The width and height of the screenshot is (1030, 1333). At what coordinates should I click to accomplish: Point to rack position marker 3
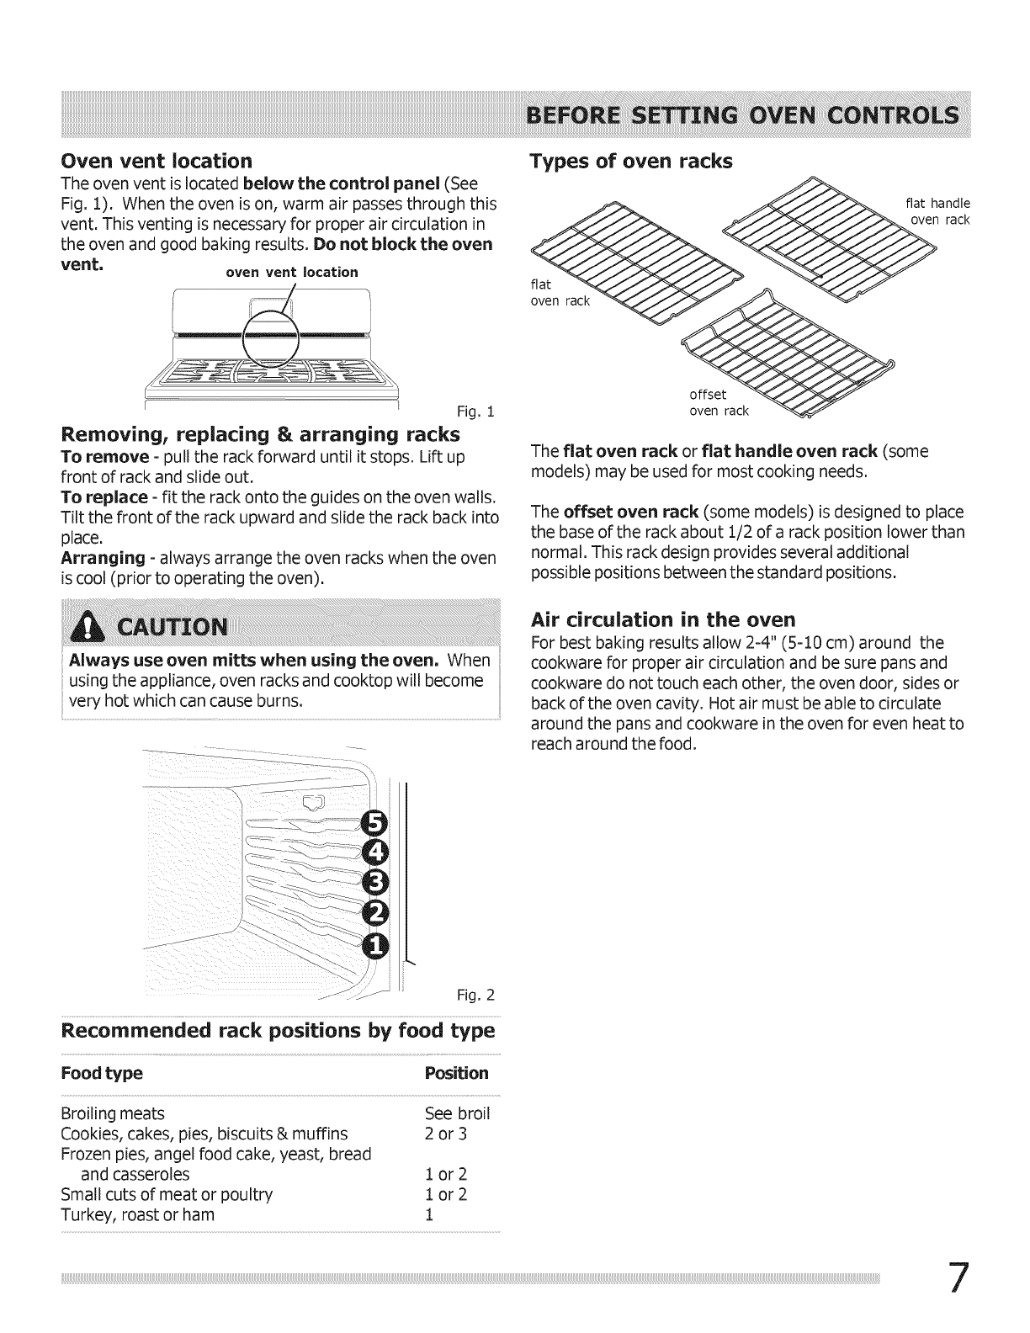[x=372, y=884]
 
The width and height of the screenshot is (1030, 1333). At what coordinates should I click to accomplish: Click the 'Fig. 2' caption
[x=476, y=996]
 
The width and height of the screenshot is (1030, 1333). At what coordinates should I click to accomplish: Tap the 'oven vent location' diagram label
[x=290, y=272]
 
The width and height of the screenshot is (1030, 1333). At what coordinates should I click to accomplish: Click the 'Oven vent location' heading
[x=157, y=161]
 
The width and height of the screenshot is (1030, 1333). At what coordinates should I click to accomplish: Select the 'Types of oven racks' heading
[x=631, y=161]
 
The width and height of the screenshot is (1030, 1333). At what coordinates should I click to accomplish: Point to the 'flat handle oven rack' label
[x=937, y=211]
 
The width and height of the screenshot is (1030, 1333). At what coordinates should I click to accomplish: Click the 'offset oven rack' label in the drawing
[x=717, y=403]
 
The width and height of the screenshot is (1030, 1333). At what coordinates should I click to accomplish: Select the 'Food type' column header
[x=102, y=1074]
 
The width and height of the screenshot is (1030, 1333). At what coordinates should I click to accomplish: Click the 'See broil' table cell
[x=457, y=1114]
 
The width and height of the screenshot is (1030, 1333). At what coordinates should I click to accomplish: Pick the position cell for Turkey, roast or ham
[x=430, y=1215]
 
